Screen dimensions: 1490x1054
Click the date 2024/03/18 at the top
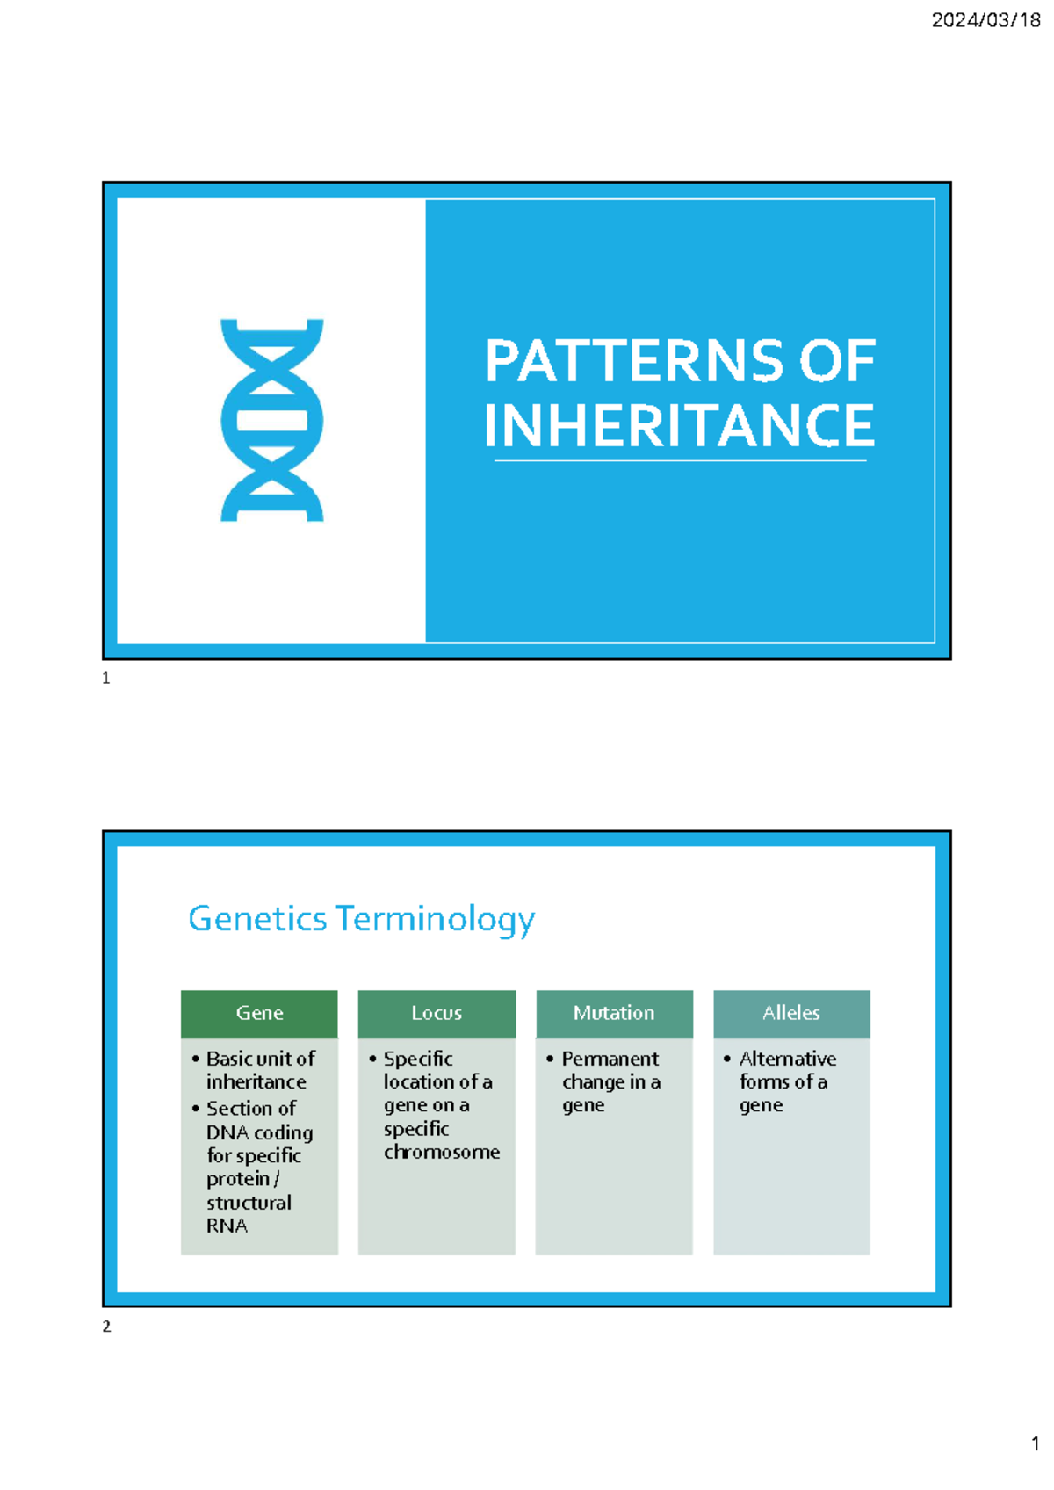(x=985, y=20)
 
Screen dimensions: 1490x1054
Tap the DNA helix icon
(x=271, y=420)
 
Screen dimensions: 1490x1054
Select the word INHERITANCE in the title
(x=679, y=425)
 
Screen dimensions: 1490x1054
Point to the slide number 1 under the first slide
(x=106, y=677)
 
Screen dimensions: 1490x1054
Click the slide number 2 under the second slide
(x=106, y=1327)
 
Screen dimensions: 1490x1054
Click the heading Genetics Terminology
(x=361, y=919)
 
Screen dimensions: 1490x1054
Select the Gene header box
(x=259, y=1013)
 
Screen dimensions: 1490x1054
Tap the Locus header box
(x=437, y=1013)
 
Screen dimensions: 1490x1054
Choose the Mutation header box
(x=614, y=1013)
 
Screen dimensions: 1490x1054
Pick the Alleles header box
(x=791, y=1013)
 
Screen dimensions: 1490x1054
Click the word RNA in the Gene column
(x=227, y=1226)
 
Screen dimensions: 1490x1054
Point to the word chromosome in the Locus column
(x=442, y=1152)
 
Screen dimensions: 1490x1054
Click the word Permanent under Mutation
(x=610, y=1059)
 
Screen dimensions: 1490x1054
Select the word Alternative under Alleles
(x=788, y=1059)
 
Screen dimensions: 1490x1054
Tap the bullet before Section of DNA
(x=195, y=1109)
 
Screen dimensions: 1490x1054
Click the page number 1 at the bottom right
(x=1035, y=1443)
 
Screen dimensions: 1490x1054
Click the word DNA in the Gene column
(x=227, y=1132)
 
